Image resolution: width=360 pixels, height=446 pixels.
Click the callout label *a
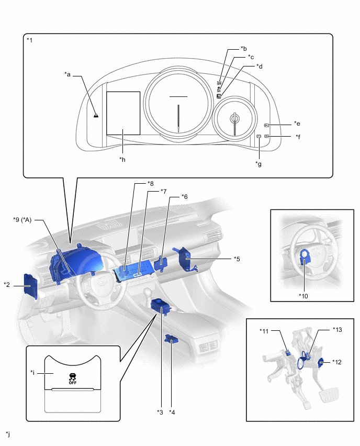click(x=67, y=75)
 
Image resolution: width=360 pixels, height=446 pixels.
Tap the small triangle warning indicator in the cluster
click(x=96, y=115)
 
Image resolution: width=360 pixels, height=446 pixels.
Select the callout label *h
click(x=122, y=159)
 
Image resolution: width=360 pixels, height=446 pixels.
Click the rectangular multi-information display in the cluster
click(x=123, y=113)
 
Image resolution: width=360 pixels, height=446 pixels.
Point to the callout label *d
click(x=259, y=66)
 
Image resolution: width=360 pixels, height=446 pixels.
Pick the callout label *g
click(x=258, y=164)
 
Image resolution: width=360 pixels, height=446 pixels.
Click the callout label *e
click(x=297, y=124)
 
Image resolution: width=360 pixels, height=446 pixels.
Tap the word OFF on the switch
click(x=72, y=383)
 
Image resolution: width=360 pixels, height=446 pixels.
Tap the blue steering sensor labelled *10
click(x=304, y=257)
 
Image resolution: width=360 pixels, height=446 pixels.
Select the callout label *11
click(x=264, y=331)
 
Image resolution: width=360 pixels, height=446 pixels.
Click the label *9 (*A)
click(x=22, y=220)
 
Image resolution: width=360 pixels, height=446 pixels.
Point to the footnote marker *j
click(x=7, y=434)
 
